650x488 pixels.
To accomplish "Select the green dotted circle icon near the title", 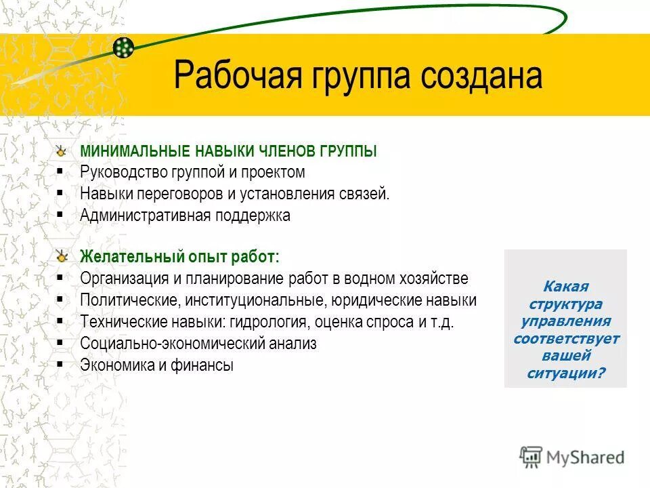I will tap(123, 47).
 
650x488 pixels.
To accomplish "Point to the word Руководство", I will tap(121, 172).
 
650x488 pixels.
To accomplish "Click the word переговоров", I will tap(178, 194).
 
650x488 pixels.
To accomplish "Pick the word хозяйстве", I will tap(434, 279).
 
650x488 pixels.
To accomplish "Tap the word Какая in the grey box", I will tap(566, 287).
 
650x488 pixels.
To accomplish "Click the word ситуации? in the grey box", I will tap(565, 373).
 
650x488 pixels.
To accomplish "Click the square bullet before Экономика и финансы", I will tap(61, 364).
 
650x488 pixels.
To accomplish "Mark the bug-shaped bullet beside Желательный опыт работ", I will tap(62, 257).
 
